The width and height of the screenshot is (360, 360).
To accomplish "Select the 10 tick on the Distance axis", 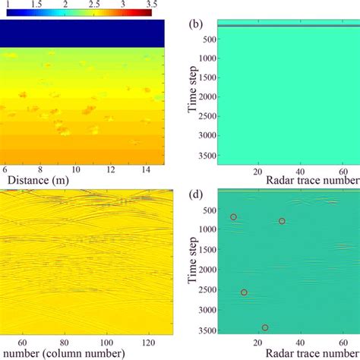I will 75,169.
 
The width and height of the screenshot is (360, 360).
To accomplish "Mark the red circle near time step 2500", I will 244,292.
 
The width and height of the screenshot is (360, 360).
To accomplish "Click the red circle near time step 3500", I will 265,327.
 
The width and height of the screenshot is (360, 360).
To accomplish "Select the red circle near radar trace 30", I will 282,221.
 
